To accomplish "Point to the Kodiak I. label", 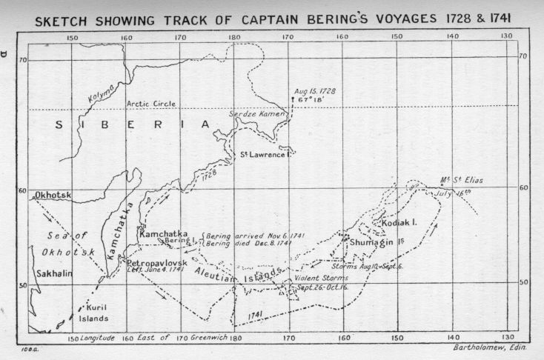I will click(x=399, y=221).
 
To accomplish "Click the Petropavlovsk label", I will click(x=159, y=262).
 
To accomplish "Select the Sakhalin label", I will click(x=53, y=273).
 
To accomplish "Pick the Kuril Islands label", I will click(x=93, y=313).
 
